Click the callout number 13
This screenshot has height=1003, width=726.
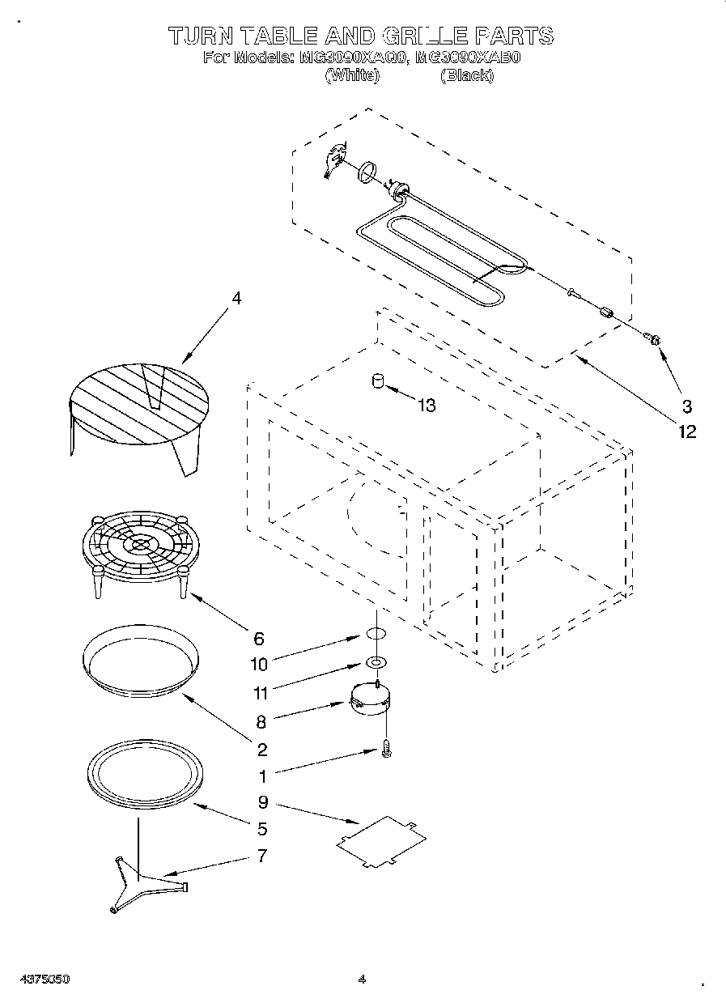(x=426, y=406)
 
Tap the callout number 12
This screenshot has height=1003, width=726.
(x=686, y=431)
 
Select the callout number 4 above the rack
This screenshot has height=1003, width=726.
(x=236, y=298)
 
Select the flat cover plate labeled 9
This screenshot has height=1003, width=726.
(x=381, y=842)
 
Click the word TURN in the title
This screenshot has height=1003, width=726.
(x=201, y=36)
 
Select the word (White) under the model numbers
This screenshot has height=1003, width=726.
(x=351, y=75)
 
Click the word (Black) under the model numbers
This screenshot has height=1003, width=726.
(x=466, y=75)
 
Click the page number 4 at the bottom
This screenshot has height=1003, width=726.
(x=362, y=979)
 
